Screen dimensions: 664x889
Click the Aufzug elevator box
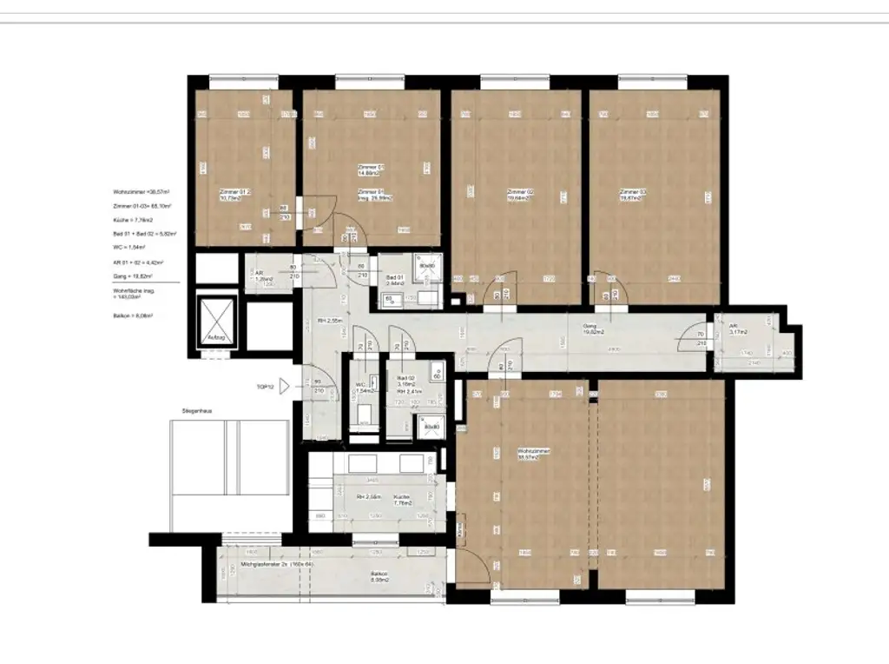coord(215,324)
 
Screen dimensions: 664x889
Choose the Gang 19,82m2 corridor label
coord(593,328)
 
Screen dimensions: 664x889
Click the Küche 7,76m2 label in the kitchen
coord(401,500)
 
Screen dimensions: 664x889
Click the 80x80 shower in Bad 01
coord(425,269)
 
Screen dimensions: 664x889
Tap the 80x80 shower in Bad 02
coord(431,427)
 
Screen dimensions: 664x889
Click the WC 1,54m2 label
coord(365,388)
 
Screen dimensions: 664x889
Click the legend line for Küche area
coord(134,221)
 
